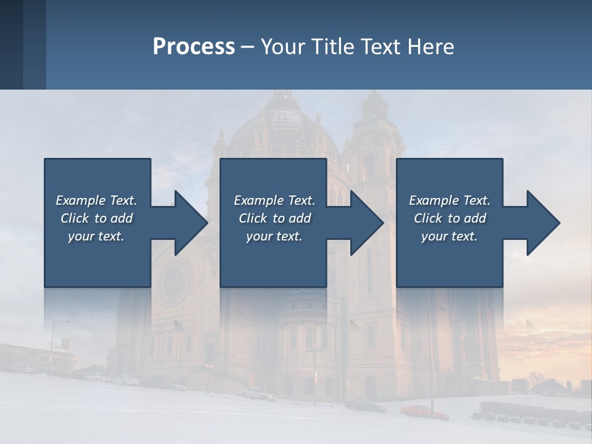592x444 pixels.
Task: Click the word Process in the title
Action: click(194, 47)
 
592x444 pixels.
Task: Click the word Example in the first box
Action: click(80, 200)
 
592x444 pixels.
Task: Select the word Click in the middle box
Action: click(252, 218)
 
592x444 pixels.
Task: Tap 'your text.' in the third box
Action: click(449, 236)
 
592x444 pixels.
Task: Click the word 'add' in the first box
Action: click(122, 218)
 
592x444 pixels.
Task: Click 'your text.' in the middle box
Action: click(274, 236)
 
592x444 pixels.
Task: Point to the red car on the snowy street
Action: click(424, 412)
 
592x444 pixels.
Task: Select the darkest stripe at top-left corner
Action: click(11, 44)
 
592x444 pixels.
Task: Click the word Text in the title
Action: click(377, 47)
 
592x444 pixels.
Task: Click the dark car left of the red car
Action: click(365, 405)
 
